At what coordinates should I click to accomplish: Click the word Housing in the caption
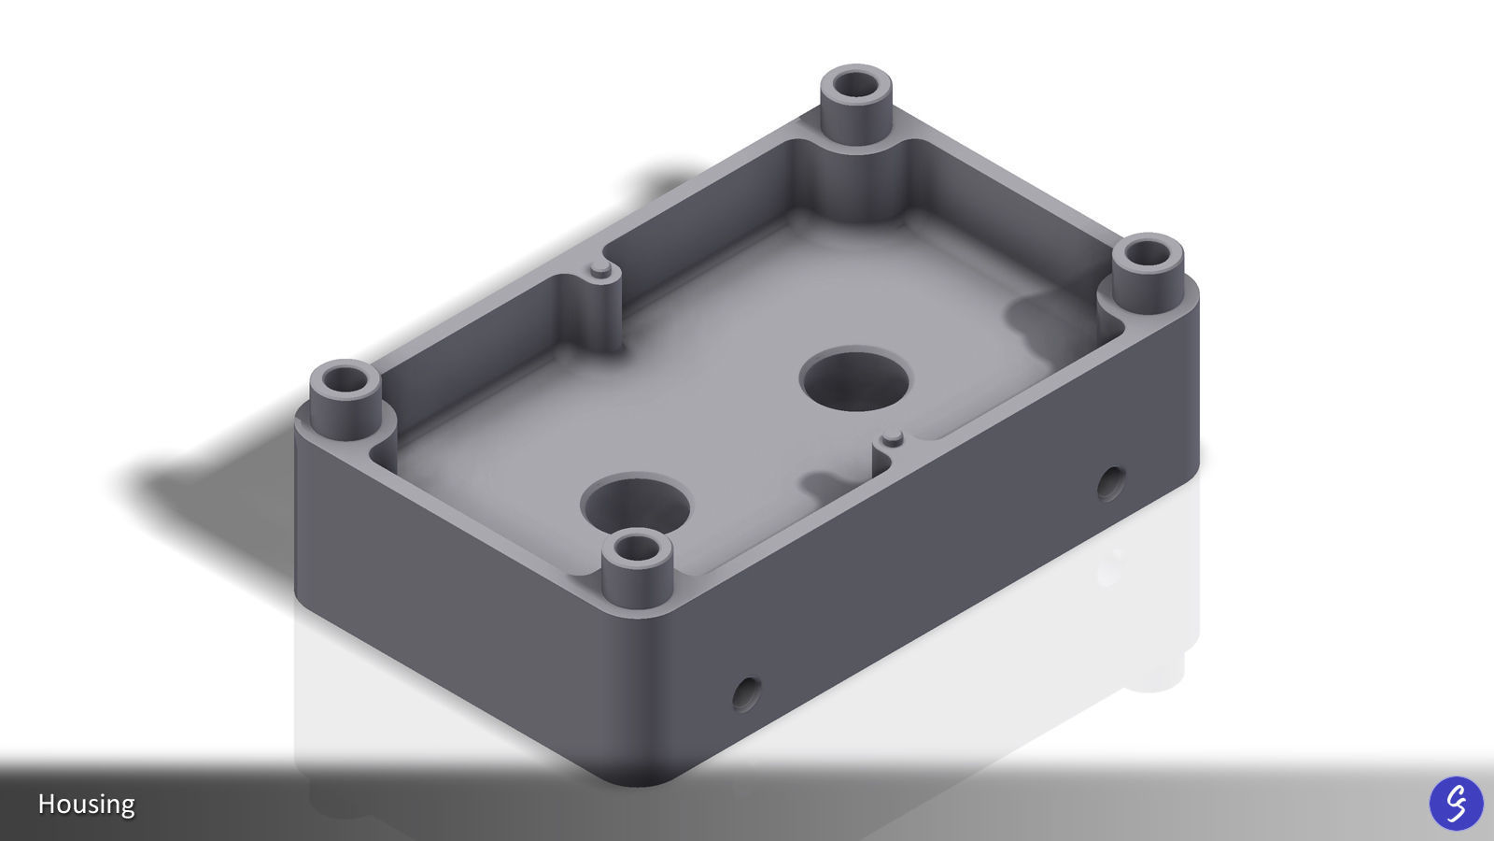click(86, 804)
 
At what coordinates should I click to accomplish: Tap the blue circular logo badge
click(1456, 803)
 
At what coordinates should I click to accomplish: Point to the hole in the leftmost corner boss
click(345, 380)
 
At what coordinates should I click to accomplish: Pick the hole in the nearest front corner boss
click(638, 549)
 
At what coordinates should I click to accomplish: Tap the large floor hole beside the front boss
click(635, 505)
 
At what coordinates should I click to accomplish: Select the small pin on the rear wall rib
click(600, 270)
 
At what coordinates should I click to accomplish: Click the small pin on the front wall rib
click(893, 436)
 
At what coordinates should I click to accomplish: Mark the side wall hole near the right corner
click(1108, 483)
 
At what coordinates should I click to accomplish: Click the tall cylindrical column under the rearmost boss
click(856, 178)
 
